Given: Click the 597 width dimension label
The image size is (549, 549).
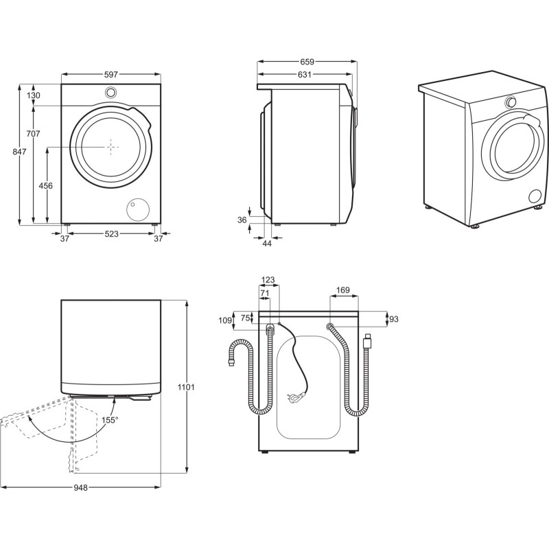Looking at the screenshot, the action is click(x=111, y=75).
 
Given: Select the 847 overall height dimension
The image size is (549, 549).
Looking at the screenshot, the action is click(x=20, y=152).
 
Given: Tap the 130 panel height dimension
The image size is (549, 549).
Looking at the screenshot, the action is click(x=33, y=95).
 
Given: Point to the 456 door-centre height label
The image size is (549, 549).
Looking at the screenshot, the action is click(x=45, y=185).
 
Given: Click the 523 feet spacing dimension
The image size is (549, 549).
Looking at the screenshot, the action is click(x=112, y=234).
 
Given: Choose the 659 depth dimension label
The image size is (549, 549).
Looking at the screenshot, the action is click(x=307, y=62).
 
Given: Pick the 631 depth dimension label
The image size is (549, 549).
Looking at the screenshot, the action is click(x=304, y=75).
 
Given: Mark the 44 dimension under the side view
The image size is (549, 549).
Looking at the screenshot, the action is click(x=267, y=244).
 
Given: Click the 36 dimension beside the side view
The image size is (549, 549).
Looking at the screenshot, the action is click(x=242, y=220).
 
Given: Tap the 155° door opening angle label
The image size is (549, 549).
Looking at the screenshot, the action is click(x=110, y=420).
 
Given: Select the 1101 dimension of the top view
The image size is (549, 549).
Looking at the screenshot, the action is click(x=186, y=387).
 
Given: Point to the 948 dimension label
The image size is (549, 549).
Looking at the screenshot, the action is click(x=80, y=487).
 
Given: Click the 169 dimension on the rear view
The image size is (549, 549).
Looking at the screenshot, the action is click(x=342, y=290).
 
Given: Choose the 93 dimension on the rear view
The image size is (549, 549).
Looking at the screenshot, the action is click(x=394, y=319).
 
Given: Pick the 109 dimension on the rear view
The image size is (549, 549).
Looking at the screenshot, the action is click(x=225, y=320).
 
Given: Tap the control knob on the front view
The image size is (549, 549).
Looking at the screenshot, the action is click(x=110, y=93).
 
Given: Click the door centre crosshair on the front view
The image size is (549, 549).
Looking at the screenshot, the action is click(x=110, y=147).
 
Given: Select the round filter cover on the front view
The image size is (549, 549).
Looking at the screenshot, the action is click(x=138, y=209).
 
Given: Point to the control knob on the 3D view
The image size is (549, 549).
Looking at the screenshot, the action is click(x=511, y=102).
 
